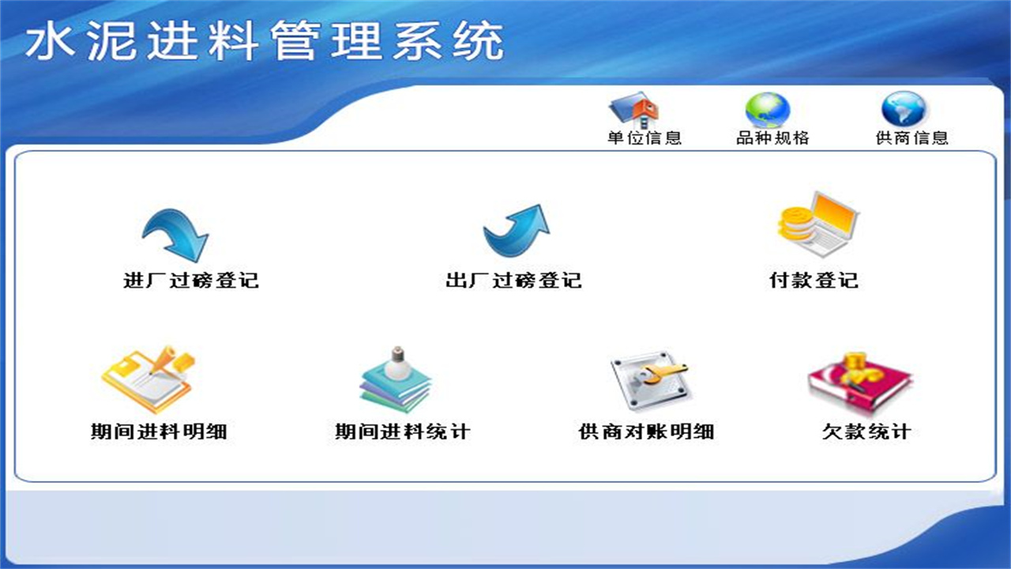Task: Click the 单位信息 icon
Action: [633, 110]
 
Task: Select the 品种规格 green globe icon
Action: [767, 110]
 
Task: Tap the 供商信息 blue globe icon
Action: [904, 110]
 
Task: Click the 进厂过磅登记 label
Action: [191, 281]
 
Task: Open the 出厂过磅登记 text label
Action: [513, 281]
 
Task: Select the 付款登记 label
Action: [814, 281]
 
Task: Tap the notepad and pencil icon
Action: [149, 379]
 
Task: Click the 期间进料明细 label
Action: [159, 431]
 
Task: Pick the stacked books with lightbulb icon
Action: [396, 380]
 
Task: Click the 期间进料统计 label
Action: [402, 431]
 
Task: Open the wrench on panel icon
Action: [649, 380]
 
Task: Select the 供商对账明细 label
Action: [646, 431]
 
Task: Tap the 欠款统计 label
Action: [866, 431]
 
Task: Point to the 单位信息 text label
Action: [644, 138]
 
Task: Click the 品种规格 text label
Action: [772, 138]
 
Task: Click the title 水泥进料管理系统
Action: [265, 42]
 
